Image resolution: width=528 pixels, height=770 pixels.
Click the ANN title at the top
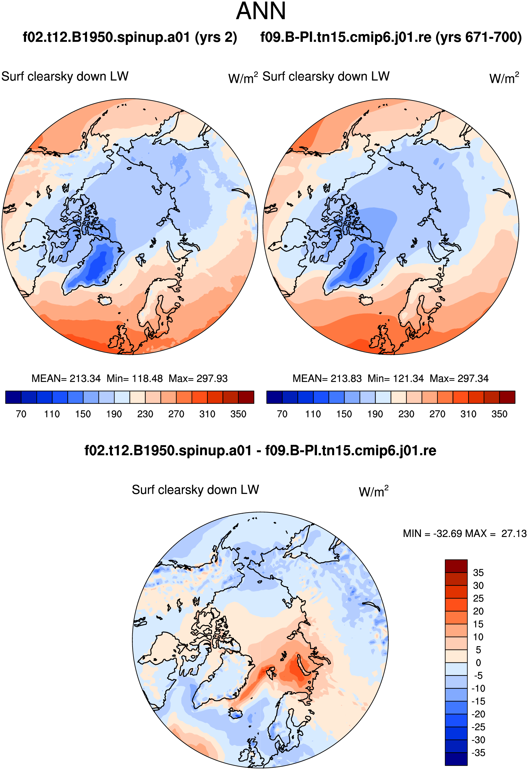261,11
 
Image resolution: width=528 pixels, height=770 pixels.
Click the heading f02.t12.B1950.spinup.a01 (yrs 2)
130,37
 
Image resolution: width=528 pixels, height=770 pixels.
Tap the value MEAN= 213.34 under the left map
66,378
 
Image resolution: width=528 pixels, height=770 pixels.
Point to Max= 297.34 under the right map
459,378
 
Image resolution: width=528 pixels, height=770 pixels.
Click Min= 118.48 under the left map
135,378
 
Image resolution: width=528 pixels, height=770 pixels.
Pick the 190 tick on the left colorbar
114,414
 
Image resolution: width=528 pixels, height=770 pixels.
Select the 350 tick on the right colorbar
499,414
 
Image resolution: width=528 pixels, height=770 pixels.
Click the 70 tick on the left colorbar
21,414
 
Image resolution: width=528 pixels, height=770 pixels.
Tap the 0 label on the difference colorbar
478,663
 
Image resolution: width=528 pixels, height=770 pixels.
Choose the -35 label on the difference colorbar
478,753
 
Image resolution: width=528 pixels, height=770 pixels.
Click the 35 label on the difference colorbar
478,573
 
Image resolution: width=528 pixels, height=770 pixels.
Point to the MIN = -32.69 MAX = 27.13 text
465,533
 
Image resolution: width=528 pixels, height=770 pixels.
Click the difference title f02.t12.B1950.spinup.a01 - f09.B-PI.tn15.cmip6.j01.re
260,451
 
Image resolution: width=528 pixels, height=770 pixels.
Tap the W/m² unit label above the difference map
373,491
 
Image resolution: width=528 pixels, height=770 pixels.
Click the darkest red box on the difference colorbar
456,566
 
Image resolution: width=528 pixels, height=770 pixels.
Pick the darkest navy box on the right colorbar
274,397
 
